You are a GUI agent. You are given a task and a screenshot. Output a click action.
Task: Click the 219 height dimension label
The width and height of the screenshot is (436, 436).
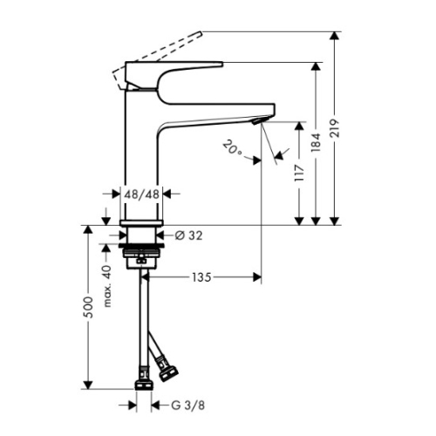pos(335,128)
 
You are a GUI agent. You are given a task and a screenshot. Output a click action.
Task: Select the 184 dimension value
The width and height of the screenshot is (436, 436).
pos(316,142)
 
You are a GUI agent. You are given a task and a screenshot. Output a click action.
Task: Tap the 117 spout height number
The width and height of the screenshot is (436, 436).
pos(299,173)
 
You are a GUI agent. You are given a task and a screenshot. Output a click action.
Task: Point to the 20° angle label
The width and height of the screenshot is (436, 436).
pos(233,147)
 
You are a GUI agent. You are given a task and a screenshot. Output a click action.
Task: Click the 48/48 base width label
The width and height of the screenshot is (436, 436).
pos(142,194)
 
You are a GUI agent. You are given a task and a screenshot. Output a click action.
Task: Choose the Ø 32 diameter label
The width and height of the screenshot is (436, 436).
pos(188,235)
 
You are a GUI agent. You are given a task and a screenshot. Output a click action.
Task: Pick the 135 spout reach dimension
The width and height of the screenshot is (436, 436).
pos(201,277)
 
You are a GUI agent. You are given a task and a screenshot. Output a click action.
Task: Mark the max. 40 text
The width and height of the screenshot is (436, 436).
pos(107,286)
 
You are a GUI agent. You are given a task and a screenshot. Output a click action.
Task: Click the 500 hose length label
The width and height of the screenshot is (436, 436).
pos(89,307)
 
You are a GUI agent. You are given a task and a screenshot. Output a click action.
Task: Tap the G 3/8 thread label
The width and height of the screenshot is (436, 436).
pos(188,405)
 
